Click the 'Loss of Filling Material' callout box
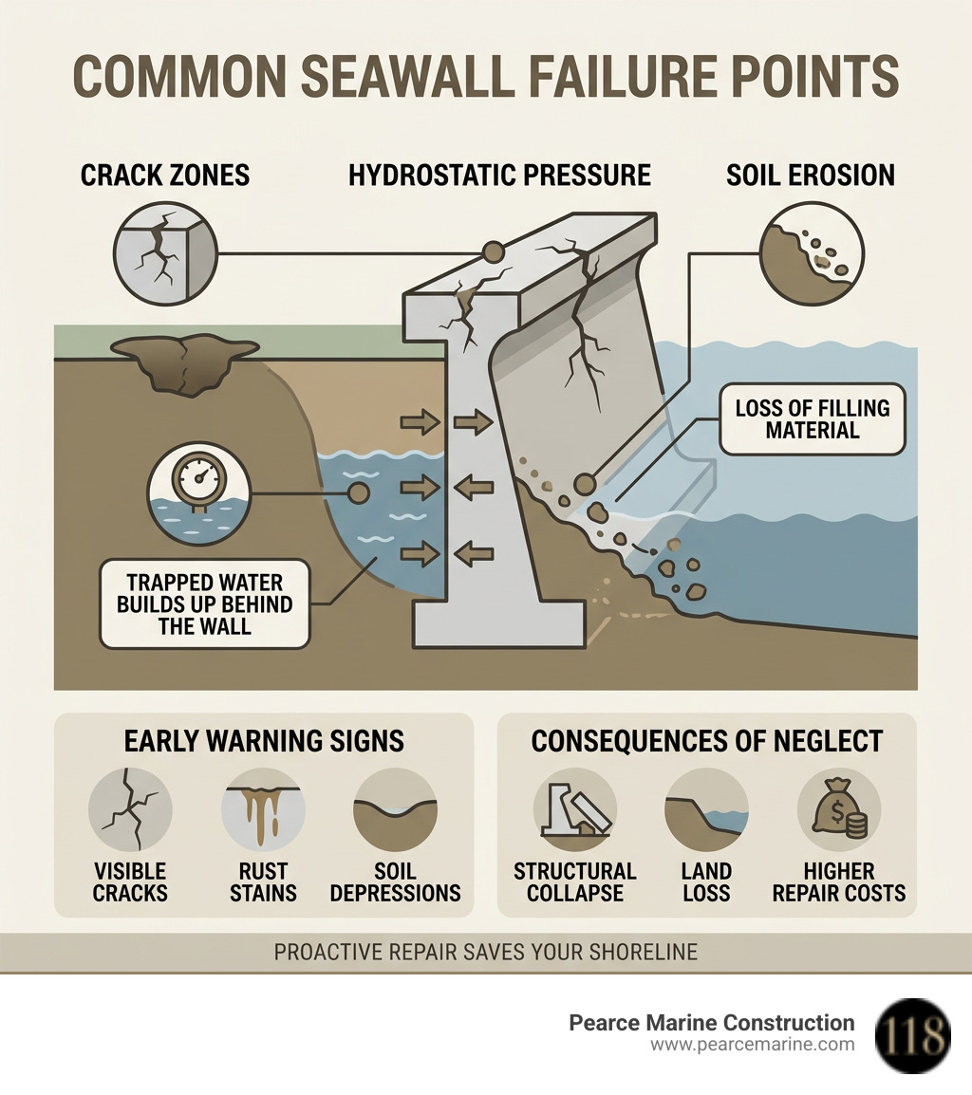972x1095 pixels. point(812,418)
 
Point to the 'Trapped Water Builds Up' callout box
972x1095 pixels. point(205,603)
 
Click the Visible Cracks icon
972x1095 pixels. point(130,809)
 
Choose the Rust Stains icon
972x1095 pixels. point(263,809)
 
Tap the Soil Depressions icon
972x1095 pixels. point(395,809)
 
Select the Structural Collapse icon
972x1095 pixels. point(574,809)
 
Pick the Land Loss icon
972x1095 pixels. point(706,809)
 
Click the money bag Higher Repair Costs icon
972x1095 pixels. point(838,809)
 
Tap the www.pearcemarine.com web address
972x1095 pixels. point(752,1045)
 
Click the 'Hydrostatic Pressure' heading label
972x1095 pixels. point(499,176)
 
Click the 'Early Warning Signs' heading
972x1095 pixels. point(264,741)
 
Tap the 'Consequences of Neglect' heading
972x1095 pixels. point(706,741)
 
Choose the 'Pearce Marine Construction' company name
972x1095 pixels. point(711,1023)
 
